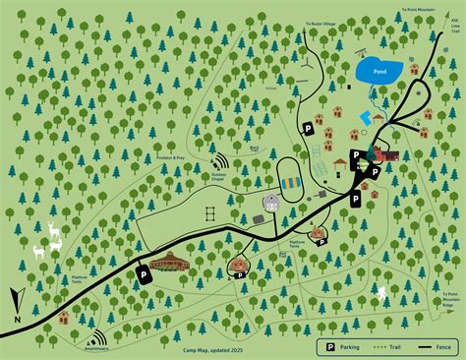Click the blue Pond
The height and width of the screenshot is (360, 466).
tap(378, 71)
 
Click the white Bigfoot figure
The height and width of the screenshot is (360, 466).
tap(381, 294)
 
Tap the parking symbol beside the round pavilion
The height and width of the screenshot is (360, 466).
tap(145, 275)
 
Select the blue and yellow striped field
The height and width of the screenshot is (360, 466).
tap(290, 183)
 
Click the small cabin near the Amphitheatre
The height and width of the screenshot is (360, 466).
tap(63, 317)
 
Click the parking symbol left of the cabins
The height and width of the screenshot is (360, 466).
tap(307, 128)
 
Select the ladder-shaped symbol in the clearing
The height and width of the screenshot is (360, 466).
tap(208, 213)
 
